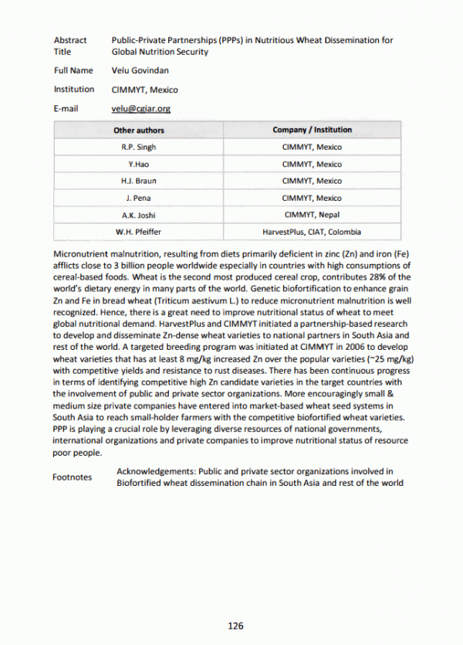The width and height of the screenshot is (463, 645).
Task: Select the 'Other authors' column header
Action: (x=139, y=131)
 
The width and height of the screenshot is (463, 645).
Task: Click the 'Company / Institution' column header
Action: (x=312, y=131)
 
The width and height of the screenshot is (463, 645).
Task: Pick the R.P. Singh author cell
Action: (x=139, y=148)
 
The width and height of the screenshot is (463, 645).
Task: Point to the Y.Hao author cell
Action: (x=139, y=165)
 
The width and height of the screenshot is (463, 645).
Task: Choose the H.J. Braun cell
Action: (x=139, y=182)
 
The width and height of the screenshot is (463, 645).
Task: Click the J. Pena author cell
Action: (x=139, y=199)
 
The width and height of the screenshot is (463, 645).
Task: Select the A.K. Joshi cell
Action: (x=139, y=216)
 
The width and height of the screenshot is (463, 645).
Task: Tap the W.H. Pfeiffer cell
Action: (x=139, y=232)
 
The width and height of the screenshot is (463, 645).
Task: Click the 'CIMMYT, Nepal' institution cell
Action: (x=312, y=216)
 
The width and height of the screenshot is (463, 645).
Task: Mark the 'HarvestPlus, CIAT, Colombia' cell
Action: (x=312, y=232)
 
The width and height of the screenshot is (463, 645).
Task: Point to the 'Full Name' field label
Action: (x=73, y=70)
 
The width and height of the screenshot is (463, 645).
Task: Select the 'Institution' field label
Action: (x=74, y=90)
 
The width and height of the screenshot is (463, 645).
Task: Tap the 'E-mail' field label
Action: (x=66, y=109)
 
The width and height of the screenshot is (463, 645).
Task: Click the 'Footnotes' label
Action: (x=72, y=477)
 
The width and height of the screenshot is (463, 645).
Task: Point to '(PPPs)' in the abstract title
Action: (x=216, y=40)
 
